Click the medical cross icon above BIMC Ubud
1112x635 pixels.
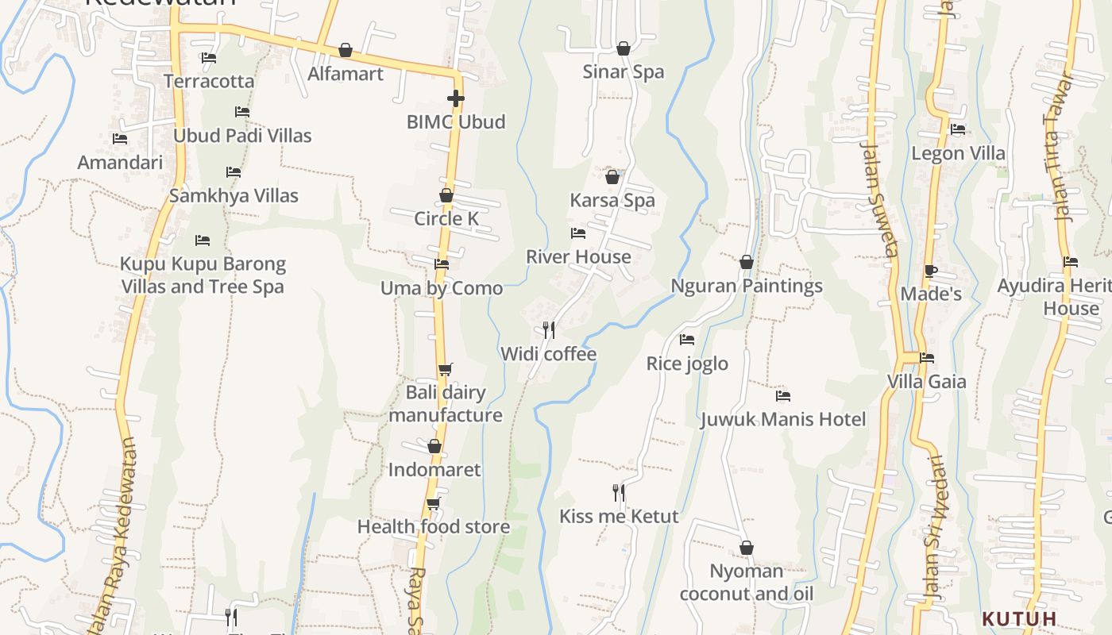[x=455, y=98]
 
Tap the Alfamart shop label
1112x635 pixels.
[x=346, y=74]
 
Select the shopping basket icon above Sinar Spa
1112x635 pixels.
[x=624, y=49]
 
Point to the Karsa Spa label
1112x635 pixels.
[x=612, y=200]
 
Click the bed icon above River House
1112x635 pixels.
[x=578, y=233]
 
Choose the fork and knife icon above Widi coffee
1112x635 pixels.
[x=548, y=330]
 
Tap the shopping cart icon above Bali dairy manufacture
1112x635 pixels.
[x=445, y=369]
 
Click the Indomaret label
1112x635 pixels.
[x=434, y=470]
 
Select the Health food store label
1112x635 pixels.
[x=434, y=527]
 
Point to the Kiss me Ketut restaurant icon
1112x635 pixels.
[x=619, y=493]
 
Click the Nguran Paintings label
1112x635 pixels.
[x=747, y=286]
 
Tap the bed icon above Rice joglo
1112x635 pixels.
[x=687, y=340]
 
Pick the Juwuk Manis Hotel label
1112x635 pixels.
[x=783, y=419]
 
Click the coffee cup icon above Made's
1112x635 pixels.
[x=931, y=271]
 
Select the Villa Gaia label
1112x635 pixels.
[x=927, y=382]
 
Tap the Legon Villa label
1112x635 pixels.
[x=958, y=153]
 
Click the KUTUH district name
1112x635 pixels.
[x=1019, y=618]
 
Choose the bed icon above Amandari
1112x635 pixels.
[x=120, y=139]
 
